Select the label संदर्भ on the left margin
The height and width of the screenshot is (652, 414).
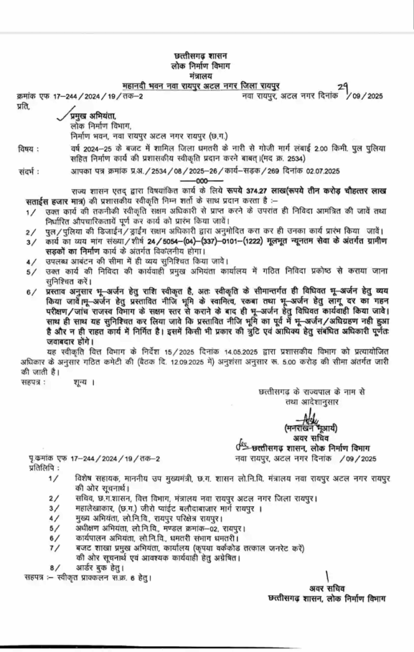click(29, 171)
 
